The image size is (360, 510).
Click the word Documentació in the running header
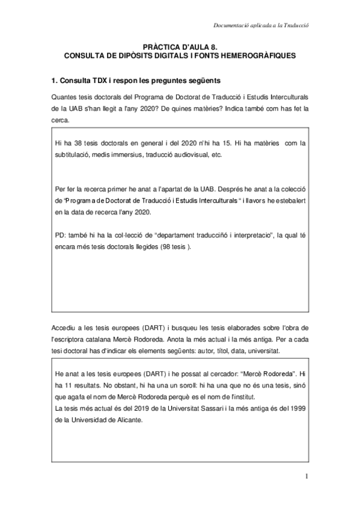click(232, 25)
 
